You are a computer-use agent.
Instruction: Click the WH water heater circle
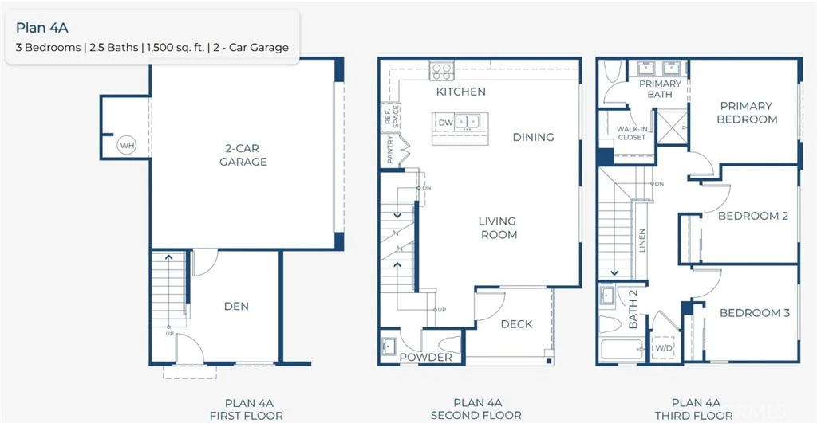pos(127,145)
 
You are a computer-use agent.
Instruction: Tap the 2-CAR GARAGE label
pos(243,155)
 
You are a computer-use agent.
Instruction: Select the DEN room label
pos(236,307)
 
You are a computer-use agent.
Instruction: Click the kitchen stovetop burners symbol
pos(442,71)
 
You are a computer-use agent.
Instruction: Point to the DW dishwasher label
pos(445,123)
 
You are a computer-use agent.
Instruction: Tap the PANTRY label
pos(390,149)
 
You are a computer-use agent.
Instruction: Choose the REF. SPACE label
pos(391,117)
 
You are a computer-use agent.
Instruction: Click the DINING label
pos(533,137)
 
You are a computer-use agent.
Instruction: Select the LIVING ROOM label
pos(499,228)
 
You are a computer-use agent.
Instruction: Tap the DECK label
pos(516,324)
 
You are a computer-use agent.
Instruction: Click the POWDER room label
pos(425,358)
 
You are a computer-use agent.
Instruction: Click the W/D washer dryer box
pos(663,348)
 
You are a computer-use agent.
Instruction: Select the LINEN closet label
pos(642,241)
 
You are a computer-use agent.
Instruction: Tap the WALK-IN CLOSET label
pos(632,133)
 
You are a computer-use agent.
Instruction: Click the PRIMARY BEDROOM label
pos(747,112)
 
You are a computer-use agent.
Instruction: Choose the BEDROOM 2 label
pos(753,216)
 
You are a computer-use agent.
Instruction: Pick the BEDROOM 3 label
pos(755,313)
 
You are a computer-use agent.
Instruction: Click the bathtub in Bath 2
pos(622,349)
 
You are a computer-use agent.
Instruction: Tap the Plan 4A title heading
pos(42,28)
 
